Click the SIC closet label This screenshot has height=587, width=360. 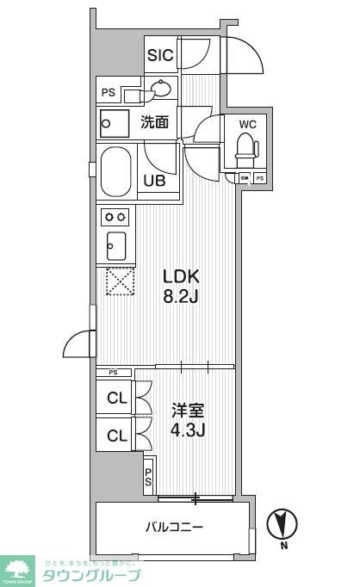point(160,56)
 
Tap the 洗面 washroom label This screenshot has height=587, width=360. point(156,122)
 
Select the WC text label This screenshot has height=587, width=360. point(247,123)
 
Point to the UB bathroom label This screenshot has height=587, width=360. point(155,182)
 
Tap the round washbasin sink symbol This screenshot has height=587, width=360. point(160,87)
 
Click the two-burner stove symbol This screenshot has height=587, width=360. point(115,216)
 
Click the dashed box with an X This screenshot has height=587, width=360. point(116,281)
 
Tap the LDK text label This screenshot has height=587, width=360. point(182,277)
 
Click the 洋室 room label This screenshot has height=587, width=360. point(183,411)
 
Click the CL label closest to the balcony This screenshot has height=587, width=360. point(115,436)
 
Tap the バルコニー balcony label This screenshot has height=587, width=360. point(173,527)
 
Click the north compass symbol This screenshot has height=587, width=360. point(282,523)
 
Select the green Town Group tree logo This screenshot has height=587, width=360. point(17,570)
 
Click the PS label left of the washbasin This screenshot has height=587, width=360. point(109,91)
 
